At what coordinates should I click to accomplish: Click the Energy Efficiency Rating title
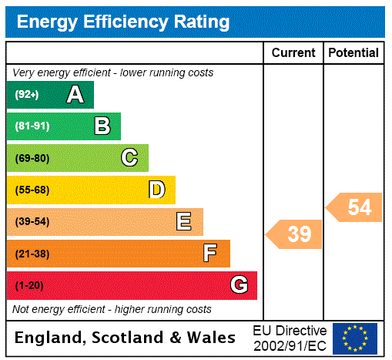pos(123,22)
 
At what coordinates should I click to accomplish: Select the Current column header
pos(293,52)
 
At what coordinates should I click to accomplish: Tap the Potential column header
pos(353,52)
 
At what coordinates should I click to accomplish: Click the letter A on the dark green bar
pos(75,95)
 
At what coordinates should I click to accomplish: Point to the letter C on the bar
pos(129,158)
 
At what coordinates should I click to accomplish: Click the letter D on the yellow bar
pos(156,190)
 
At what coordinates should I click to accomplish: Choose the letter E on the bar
pos(184,222)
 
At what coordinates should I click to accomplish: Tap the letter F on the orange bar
pos(210,253)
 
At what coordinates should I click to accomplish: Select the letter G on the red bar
pos(239,285)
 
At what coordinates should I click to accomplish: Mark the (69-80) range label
pos(32,158)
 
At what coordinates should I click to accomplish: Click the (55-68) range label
pos(32,190)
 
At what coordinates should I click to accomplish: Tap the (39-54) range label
pos(32,222)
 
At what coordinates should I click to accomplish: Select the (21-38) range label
pos(32,254)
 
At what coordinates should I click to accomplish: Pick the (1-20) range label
pos(29,285)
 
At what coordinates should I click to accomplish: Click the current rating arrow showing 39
pos(295,234)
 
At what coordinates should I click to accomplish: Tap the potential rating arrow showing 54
pos(355,207)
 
